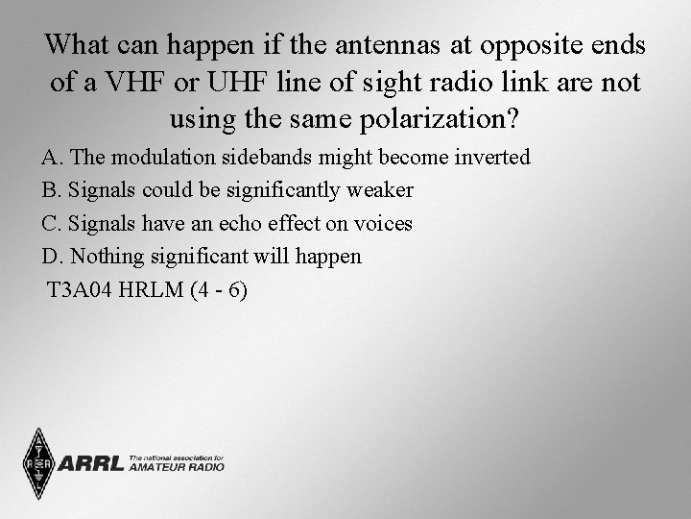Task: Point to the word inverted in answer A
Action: click(492, 157)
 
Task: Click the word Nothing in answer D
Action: click(106, 257)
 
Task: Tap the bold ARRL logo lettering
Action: click(91, 465)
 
